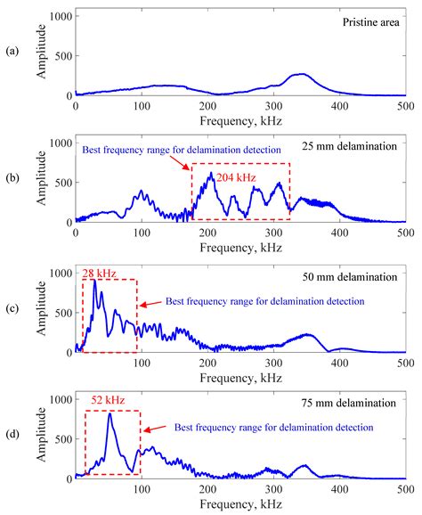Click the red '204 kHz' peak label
point(235,178)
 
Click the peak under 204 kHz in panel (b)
point(210,174)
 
